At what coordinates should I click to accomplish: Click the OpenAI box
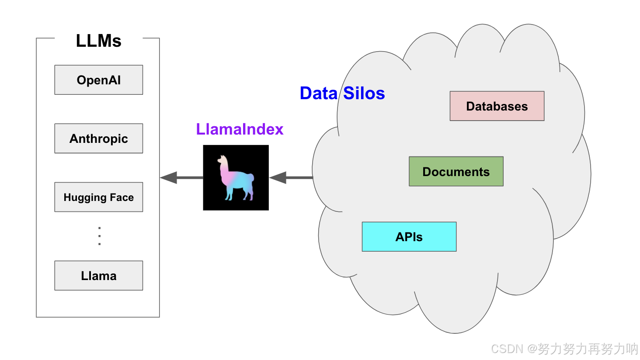coord(98,80)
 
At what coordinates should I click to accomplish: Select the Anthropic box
coord(98,138)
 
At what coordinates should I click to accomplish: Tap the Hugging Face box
coord(98,197)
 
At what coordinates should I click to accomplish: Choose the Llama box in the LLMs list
coord(98,276)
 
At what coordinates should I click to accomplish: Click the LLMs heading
coord(98,41)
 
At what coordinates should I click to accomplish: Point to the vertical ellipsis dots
coord(99,236)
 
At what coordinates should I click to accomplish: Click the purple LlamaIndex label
coord(240,129)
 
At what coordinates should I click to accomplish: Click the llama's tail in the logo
coord(251,178)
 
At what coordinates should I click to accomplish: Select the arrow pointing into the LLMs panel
coord(181,177)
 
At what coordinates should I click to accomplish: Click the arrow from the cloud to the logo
coord(291,177)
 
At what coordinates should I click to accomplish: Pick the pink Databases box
coord(497,106)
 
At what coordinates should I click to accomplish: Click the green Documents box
coord(456,171)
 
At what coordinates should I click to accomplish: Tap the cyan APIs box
coord(409,237)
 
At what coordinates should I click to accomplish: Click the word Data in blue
coord(319,93)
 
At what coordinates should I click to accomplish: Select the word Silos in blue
coord(364,93)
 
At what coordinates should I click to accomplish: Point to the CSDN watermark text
coord(564,349)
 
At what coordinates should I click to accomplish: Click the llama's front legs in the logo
coord(229,194)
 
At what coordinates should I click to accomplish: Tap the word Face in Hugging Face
coord(122,197)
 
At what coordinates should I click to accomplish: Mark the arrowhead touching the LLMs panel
coord(169,177)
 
